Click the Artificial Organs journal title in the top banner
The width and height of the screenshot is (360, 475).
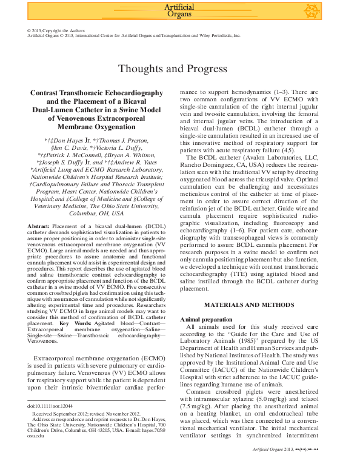179,10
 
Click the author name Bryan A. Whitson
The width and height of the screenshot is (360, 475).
130,155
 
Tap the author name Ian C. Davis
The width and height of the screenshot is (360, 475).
67,147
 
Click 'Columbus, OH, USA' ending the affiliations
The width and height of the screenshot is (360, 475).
96,213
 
